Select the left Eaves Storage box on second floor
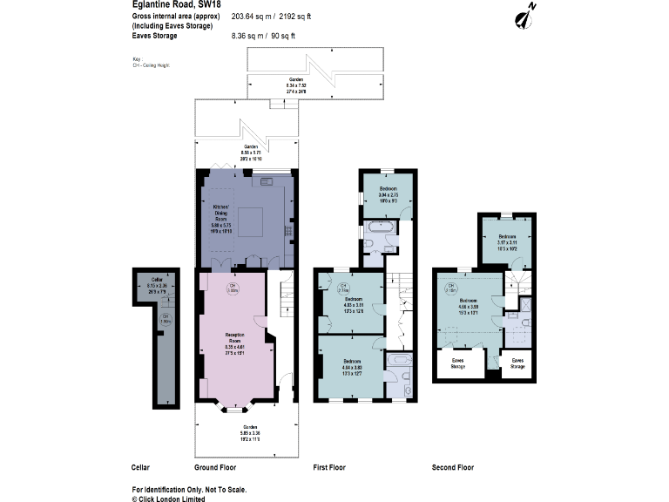point(457,363)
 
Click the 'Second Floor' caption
point(453,468)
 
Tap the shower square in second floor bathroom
point(526,304)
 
